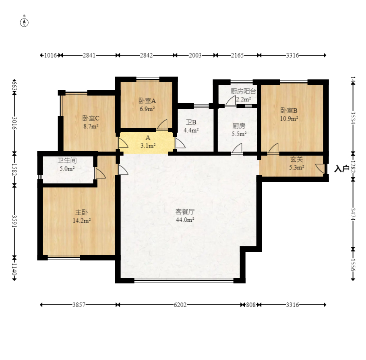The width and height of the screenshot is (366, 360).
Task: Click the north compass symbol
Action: (24, 21)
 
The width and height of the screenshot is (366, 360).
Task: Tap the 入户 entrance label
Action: (342, 169)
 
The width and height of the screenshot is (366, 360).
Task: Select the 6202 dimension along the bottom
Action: (180, 305)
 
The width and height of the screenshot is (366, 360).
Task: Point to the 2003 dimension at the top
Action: (195, 55)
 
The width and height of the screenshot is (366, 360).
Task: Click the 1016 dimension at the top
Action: (50, 55)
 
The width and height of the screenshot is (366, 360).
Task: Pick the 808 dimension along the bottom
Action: (251, 305)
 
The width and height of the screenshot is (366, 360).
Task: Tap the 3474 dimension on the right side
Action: (353, 214)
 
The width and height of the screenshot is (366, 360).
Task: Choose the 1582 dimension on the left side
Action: (14, 169)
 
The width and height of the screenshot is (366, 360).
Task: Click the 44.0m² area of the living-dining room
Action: (185, 220)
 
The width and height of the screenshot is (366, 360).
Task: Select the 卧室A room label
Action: (147, 101)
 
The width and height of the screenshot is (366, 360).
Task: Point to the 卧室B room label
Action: (289, 110)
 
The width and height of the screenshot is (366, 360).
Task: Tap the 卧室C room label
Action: (91, 118)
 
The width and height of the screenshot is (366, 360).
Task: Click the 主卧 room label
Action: (81, 212)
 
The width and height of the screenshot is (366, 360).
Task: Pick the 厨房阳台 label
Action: (243, 91)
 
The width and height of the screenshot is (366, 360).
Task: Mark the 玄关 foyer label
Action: (296, 159)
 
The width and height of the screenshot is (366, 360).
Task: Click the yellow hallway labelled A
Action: (147, 143)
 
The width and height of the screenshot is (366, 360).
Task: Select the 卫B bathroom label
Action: (191, 122)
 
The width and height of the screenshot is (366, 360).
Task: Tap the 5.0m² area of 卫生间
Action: (67, 169)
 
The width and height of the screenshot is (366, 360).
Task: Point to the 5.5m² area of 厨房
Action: (239, 134)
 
